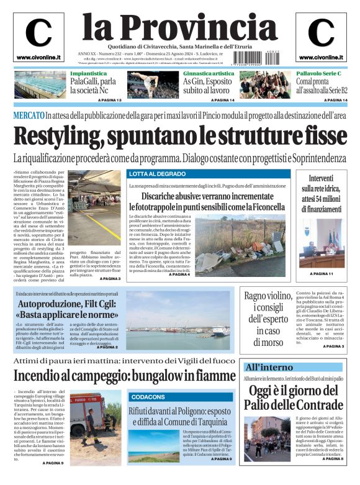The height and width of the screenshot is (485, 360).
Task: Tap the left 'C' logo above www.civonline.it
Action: coord(38,33)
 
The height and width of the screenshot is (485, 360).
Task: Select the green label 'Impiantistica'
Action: coord(88,73)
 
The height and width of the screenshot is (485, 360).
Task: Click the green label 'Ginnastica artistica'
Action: coord(208,73)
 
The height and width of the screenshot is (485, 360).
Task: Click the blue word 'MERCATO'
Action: coord(28,116)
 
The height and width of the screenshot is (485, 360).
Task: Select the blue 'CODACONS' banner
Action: coord(148,396)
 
